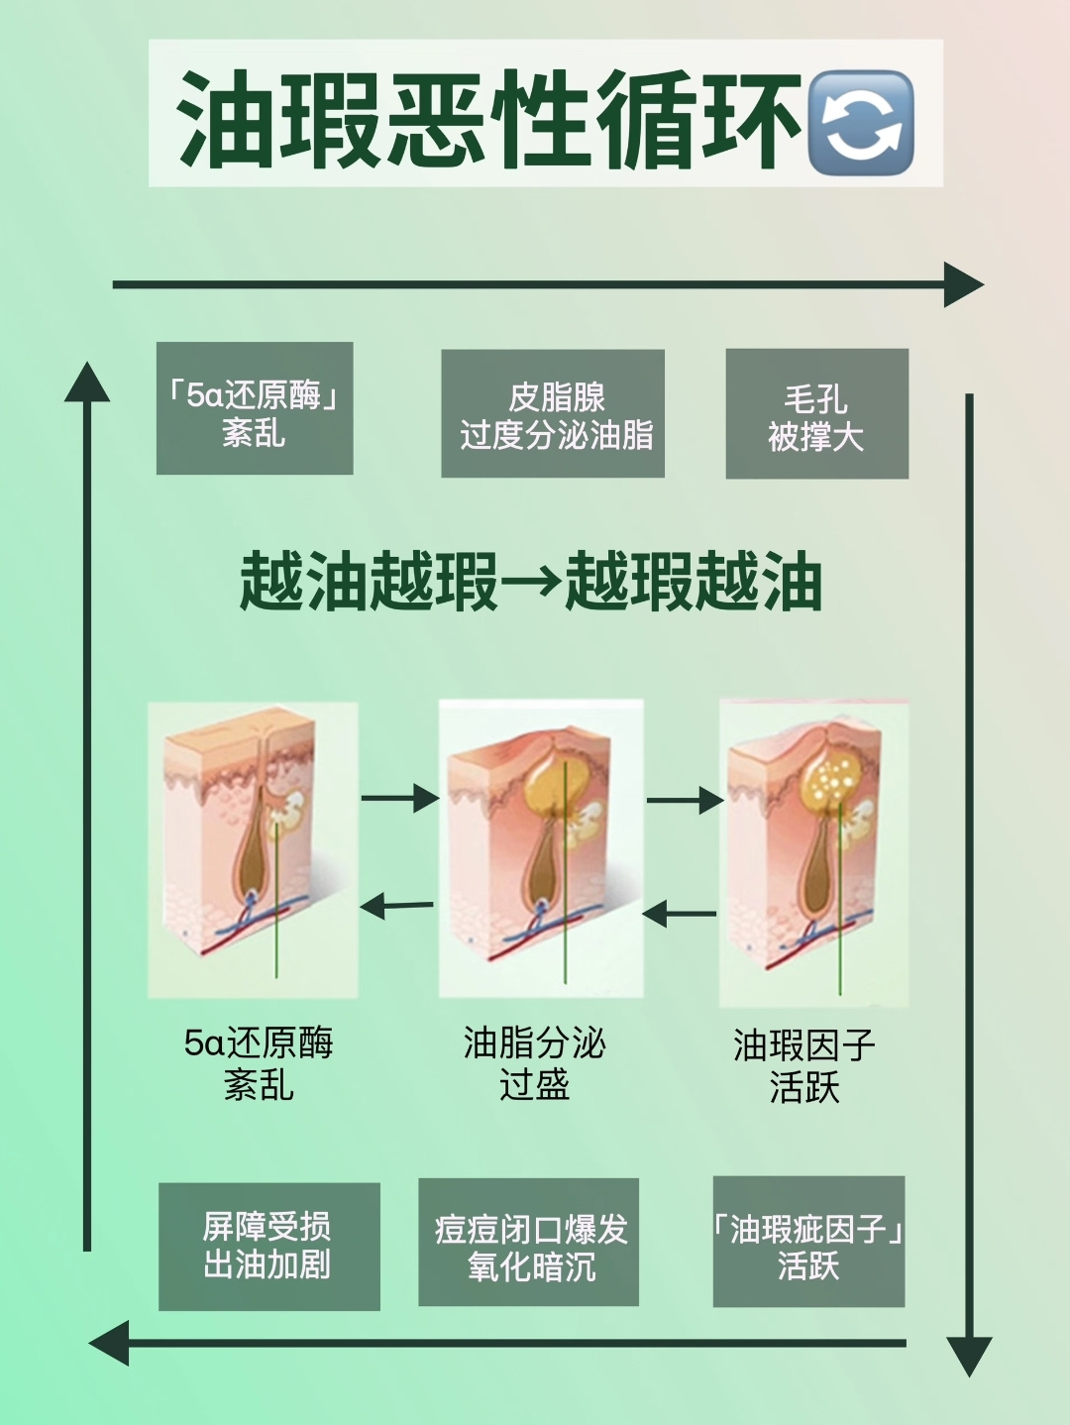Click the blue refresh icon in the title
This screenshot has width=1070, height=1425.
(x=860, y=123)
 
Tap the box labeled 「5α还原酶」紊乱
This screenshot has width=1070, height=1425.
(x=255, y=408)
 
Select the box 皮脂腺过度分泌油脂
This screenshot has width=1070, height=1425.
(x=553, y=413)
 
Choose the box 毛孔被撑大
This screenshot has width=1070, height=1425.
(x=816, y=414)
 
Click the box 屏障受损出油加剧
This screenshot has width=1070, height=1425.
(x=268, y=1246)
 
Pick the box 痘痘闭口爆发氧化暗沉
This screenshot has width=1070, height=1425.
(x=528, y=1243)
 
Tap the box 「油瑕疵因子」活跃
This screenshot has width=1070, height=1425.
(x=808, y=1242)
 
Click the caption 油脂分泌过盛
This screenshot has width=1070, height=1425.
(x=534, y=1063)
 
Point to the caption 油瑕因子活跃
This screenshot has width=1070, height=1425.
(x=803, y=1066)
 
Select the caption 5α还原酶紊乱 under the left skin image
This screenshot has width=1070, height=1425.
(x=259, y=1063)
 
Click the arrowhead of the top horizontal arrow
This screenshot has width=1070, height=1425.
(x=962, y=285)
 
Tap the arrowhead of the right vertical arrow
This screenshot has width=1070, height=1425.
(x=969, y=1354)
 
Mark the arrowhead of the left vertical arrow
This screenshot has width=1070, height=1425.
(x=87, y=384)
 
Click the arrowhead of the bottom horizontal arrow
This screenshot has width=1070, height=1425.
(x=110, y=1343)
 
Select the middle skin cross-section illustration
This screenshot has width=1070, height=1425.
(x=541, y=848)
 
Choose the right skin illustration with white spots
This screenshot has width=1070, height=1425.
(x=813, y=852)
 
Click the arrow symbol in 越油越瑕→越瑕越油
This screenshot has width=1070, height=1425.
(x=532, y=582)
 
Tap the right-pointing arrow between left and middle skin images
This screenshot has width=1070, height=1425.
(x=399, y=798)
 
